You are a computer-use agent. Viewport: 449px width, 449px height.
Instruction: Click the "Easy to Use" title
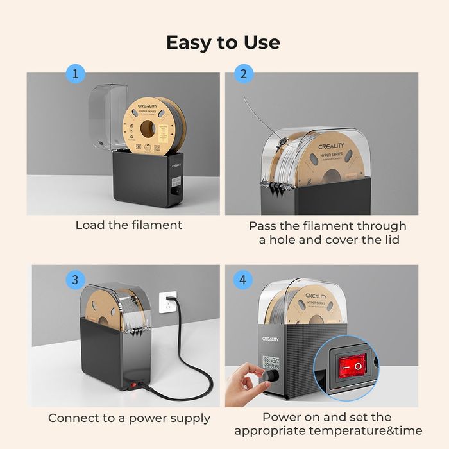point(223,42)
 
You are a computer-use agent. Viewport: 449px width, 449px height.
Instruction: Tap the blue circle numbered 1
point(76,74)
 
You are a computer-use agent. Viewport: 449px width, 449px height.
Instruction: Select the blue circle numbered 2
point(243,74)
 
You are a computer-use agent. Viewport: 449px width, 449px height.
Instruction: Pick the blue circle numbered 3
point(76,280)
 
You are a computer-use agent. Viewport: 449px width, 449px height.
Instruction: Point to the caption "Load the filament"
point(129,225)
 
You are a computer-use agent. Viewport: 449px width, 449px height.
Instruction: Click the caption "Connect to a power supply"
point(129,418)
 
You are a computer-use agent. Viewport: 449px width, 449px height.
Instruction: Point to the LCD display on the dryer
point(270,363)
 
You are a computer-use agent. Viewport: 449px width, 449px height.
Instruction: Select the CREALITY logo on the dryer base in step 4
point(270,339)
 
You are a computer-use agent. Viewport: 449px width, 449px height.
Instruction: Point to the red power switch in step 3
point(132,385)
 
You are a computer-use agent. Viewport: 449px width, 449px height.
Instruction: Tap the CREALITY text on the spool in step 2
point(332,147)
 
